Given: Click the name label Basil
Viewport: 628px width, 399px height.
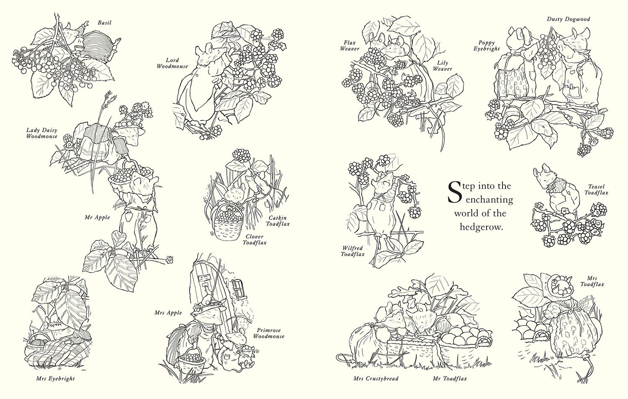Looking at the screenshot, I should pyautogui.click(x=104, y=22).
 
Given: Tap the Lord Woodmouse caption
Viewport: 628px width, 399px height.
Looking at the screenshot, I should pyautogui.click(x=172, y=63).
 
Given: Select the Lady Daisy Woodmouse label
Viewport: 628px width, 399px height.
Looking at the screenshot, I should pyautogui.click(x=42, y=133).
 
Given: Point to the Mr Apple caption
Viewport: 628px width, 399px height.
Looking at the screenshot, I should pyautogui.click(x=97, y=217).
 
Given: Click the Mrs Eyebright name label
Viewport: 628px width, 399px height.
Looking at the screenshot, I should pyautogui.click(x=56, y=379).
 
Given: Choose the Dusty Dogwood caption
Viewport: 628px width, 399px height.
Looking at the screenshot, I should pyautogui.click(x=568, y=19).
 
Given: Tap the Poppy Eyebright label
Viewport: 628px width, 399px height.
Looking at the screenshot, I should pyautogui.click(x=487, y=46).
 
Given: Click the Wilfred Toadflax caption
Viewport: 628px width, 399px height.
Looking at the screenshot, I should pyautogui.click(x=352, y=251).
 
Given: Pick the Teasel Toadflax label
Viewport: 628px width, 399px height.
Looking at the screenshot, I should pyautogui.click(x=596, y=190).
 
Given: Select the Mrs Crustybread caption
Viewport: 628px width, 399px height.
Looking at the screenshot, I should pyautogui.click(x=376, y=379).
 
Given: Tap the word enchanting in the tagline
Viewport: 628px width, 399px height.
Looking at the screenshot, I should pyautogui.click(x=489, y=199).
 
